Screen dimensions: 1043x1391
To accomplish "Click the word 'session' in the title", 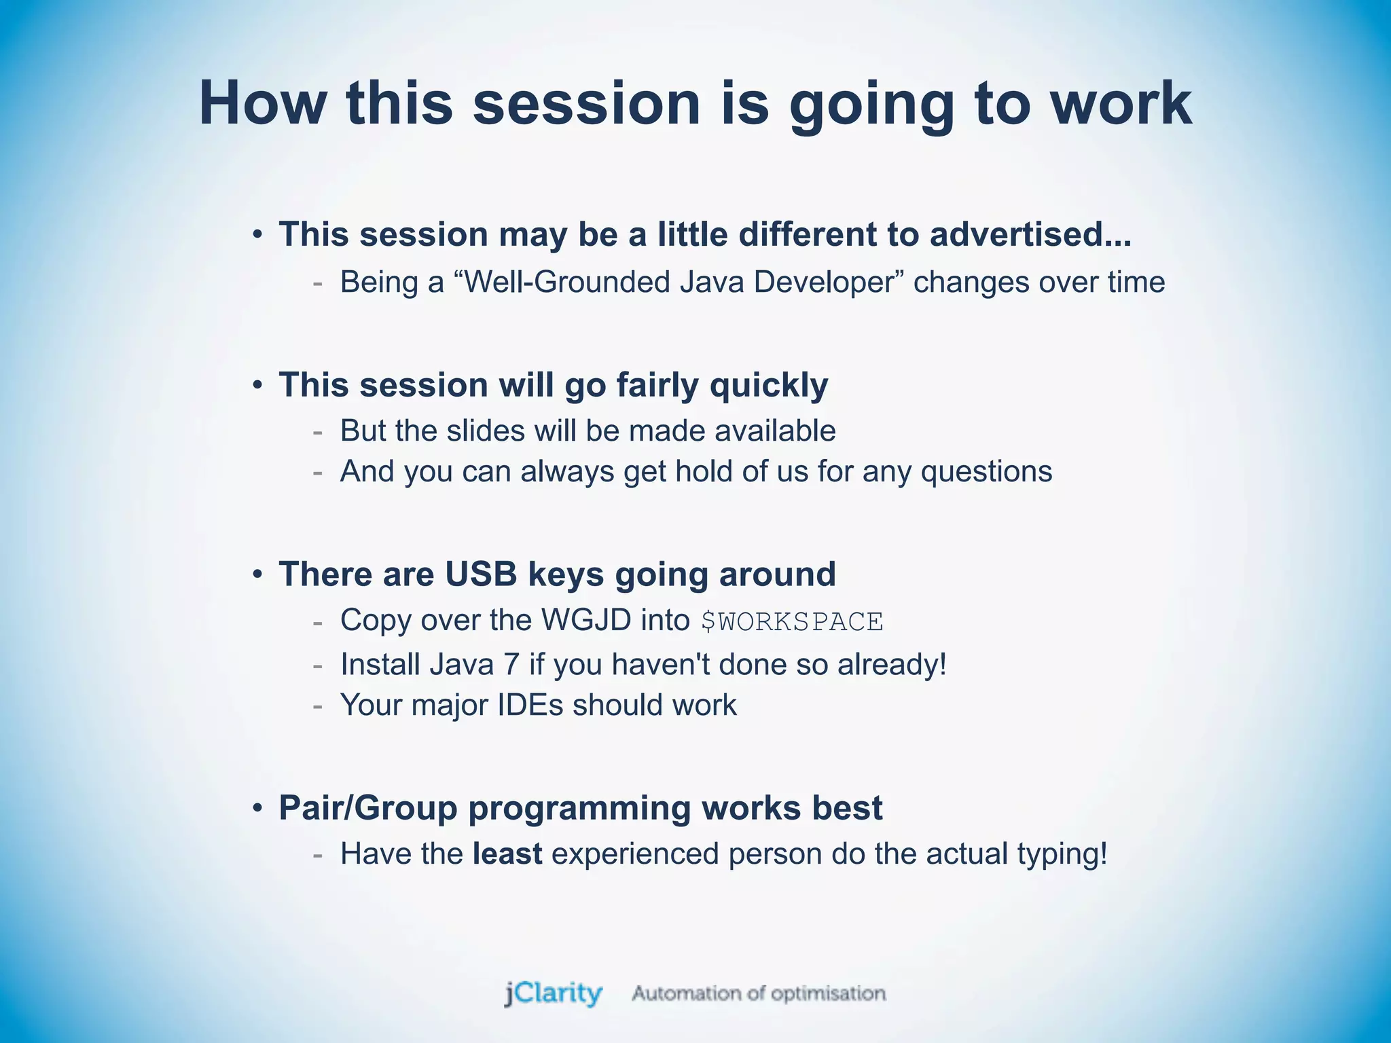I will pyautogui.click(x=586, y=103).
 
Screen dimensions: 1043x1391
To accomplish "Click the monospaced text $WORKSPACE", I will pyautogui.click(x=792, y=622).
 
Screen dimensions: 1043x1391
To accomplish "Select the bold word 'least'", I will pyautogui.click(x=507, y=854).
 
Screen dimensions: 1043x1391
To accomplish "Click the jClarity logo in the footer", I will pyautogui.click(x=553, y=994).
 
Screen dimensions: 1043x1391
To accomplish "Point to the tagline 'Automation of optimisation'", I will pyautogui.click(x=759, y=994).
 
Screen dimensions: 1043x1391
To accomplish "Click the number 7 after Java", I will pyautogui.click(x=511, y=664).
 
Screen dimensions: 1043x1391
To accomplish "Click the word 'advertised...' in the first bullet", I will pyautogui.click(x=1030, y=235).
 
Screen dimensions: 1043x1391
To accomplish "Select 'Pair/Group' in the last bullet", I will pyautogui.click(x=367, y=808).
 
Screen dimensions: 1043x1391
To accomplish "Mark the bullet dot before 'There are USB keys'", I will pyautogui.click(x=257, y=575).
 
